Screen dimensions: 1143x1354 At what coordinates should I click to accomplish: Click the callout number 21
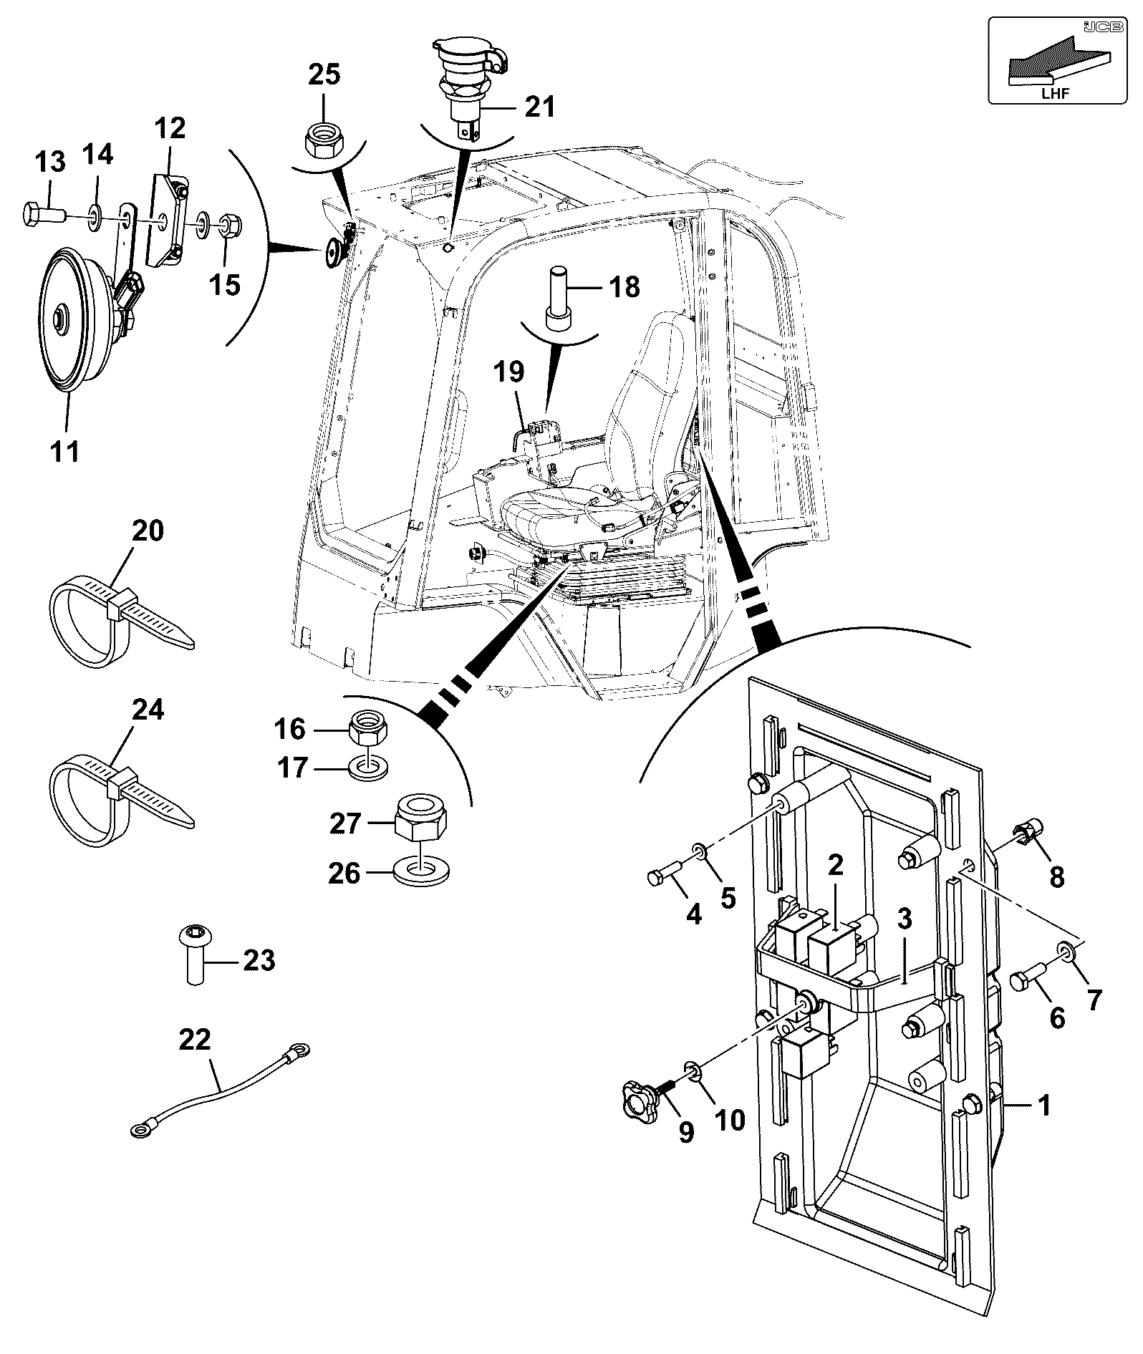pos(540,107)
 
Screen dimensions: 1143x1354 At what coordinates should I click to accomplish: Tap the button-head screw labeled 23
pos(195,954)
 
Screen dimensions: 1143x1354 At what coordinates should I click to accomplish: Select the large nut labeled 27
pos(420,818)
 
